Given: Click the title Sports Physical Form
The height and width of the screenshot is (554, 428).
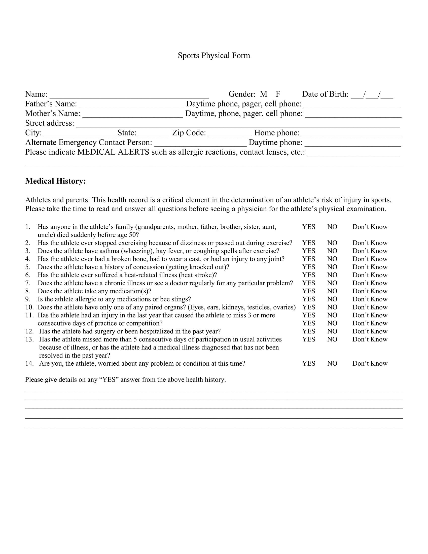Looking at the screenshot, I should click(x=214, y=56).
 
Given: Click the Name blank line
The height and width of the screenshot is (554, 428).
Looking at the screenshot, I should click(x=129, y=95).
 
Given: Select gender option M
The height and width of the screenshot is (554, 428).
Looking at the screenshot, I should click(x=263, y=94).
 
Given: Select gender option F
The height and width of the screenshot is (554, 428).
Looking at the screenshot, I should click(x=278, y=94).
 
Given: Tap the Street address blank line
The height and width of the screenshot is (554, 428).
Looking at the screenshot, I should click(x=238, y=124).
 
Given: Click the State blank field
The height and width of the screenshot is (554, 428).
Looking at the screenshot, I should click(x=153, y=134).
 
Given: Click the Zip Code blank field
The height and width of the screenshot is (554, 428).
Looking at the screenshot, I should click(x=229, y=134).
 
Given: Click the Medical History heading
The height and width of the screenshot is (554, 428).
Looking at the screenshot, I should click(x=56, y=181).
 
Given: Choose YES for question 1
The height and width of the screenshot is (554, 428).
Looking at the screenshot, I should click(x=309, y=227).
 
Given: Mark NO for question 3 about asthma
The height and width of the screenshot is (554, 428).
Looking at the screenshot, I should click(x=332, y=251).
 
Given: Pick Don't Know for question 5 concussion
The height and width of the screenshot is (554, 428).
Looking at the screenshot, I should click(x=370, y=267).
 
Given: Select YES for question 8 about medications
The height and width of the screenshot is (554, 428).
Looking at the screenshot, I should click(x=309, y=291).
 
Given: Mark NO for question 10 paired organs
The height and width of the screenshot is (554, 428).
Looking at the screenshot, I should click(x=332, y=307).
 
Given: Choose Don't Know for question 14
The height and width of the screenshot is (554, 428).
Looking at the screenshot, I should click(x=370, y=363).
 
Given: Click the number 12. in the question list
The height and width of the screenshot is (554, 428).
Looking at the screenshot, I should click(x=29, y=331).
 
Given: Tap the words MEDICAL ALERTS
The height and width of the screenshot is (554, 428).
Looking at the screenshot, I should click(x=113, y=152).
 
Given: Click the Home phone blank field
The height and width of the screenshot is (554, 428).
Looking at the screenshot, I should click(x=352, y=134).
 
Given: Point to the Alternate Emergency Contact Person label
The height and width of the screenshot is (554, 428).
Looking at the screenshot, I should click(x=88, y=143).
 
